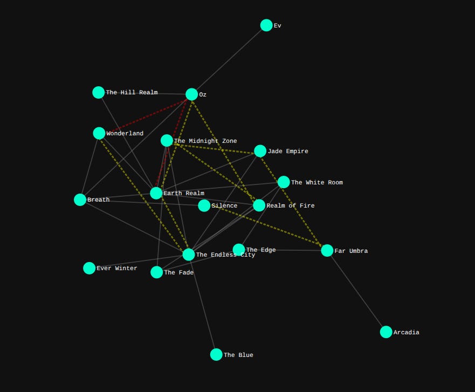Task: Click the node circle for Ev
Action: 266,25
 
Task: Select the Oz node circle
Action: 191,94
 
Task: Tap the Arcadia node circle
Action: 386,332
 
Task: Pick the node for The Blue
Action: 216,354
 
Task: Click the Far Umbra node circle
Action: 327,250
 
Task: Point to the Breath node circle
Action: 80,200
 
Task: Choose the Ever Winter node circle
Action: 90,268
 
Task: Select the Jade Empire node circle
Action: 260,151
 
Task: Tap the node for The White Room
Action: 284,182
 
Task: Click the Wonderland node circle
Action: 99,133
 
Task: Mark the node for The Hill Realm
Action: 99,93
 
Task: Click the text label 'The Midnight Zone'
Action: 205,141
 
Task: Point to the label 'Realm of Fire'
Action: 290,206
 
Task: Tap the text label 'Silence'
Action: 224,206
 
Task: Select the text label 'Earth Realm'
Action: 184,194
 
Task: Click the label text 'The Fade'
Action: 179,273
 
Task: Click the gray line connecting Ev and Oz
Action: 229,60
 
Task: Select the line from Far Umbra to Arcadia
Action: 356,291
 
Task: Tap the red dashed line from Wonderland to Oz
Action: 146,114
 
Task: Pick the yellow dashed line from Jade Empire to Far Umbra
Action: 294,201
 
